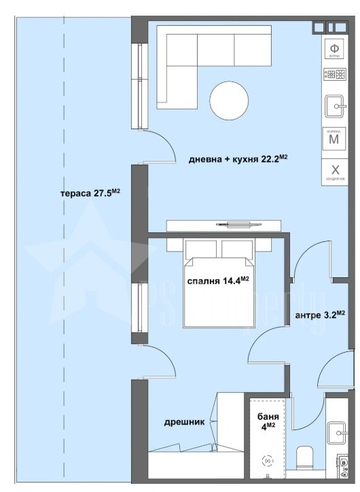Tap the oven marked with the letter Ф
click(x=334, y=50)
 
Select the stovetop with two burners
click(x=334, y=75)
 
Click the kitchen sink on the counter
click(x=335, y=106)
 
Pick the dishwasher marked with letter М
click(x=334, y=139)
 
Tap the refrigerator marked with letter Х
click(x=334, y=171)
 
